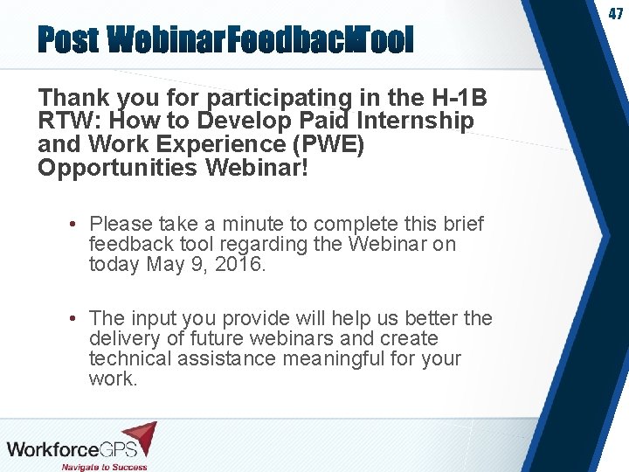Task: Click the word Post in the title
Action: tap(69, 39)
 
